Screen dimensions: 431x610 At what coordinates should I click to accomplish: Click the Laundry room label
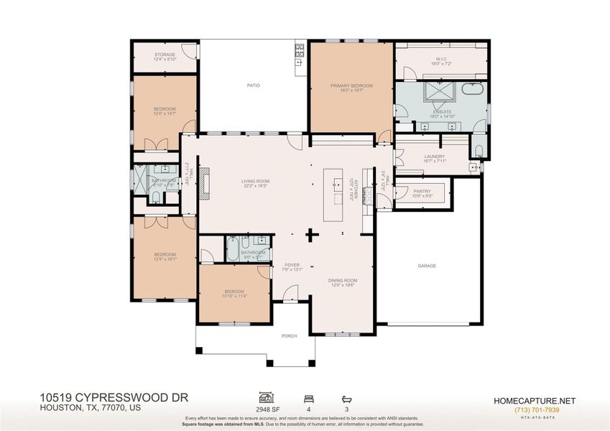435,159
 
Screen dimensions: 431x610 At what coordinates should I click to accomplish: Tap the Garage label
427,265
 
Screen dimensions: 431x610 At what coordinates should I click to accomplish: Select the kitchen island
333,195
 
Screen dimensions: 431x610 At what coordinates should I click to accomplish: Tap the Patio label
253,85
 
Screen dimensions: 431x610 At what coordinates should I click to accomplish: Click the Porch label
289,335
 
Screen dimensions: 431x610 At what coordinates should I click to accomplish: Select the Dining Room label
343,282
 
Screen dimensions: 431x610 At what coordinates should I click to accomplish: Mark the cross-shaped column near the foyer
312,233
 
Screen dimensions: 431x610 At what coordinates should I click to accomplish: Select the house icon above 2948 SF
267,397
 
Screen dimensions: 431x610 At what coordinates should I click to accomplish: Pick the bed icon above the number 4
308,397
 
